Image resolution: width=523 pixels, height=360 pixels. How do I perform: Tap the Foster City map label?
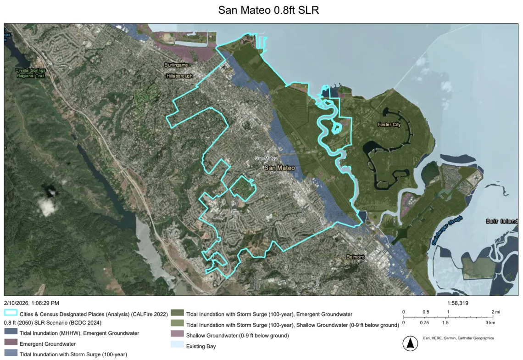389,124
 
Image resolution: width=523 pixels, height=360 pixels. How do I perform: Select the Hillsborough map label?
179,76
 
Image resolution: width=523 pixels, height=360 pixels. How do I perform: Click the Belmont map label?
355,257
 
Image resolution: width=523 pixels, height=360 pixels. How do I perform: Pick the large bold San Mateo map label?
279,168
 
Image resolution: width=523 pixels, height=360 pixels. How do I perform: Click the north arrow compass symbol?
408,343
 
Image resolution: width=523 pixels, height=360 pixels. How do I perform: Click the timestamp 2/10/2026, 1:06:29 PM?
32,303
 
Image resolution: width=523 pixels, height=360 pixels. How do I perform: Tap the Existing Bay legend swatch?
177,346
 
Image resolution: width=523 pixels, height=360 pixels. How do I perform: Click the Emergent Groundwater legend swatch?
11,343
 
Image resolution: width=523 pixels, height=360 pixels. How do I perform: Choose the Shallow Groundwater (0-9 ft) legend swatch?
177,336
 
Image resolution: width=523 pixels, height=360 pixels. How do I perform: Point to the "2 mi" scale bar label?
495,312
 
